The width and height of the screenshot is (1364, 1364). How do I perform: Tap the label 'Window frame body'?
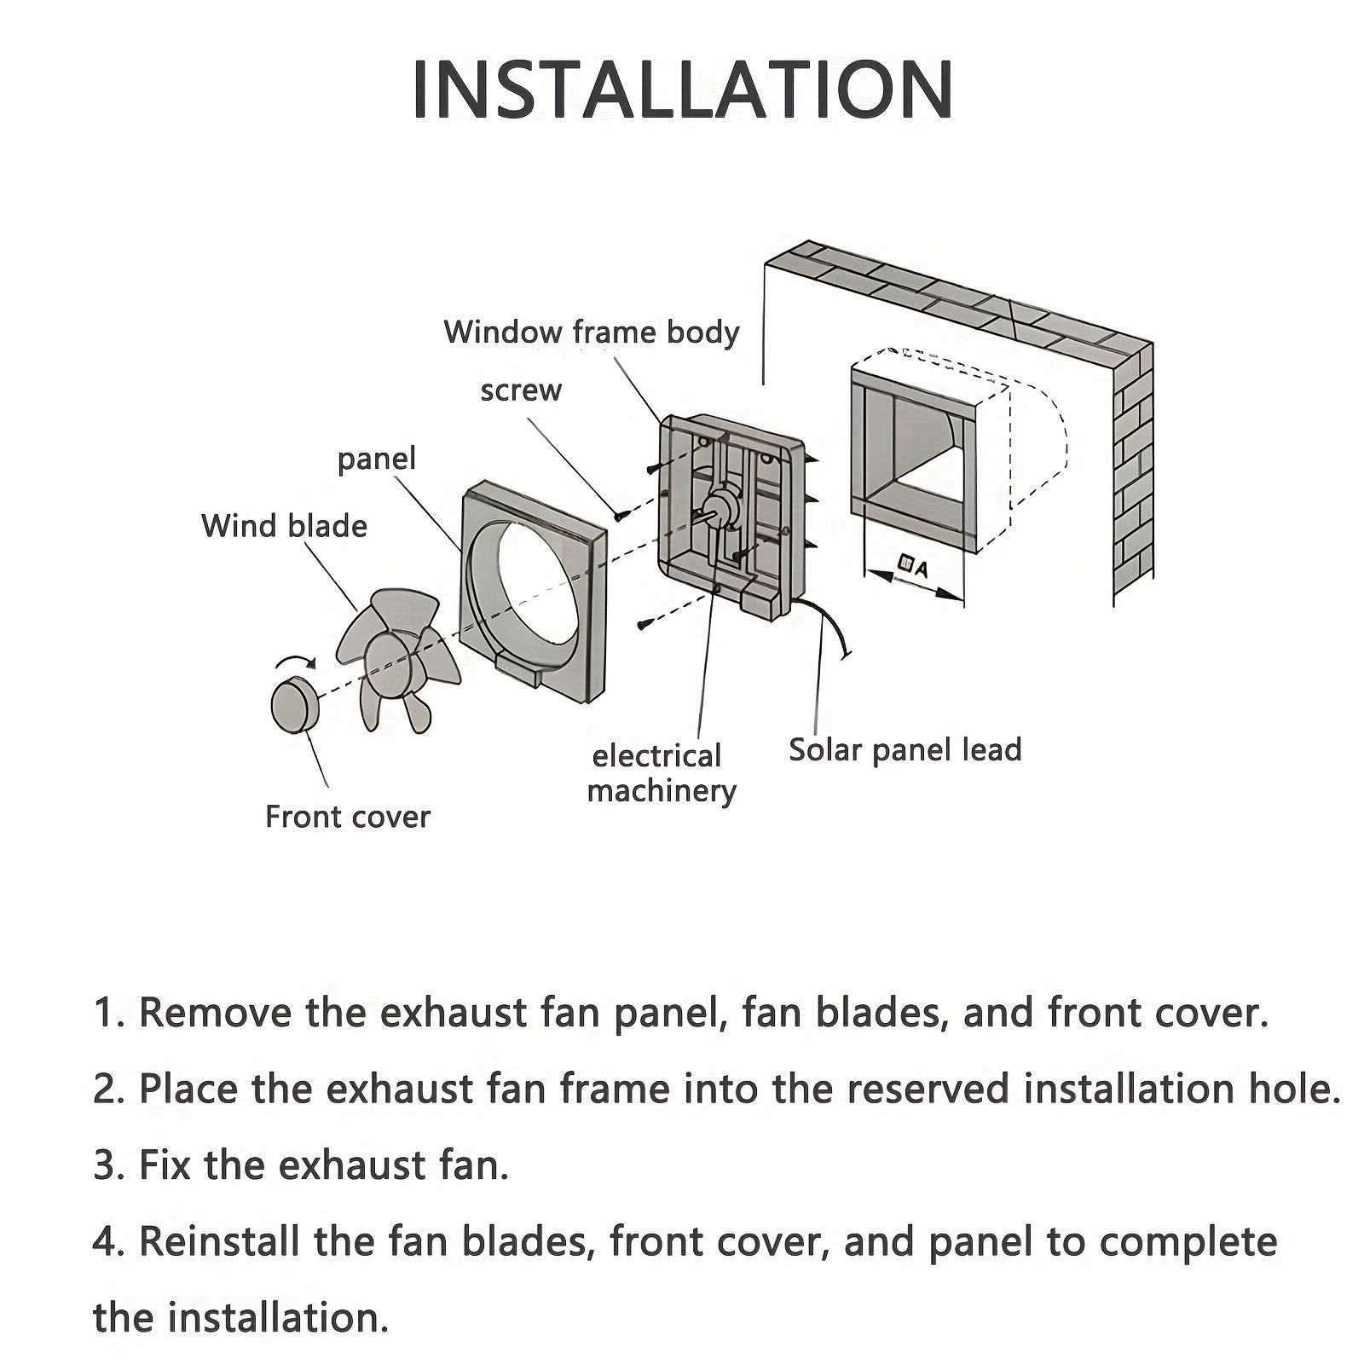pyautogui.click(x=591, y=332)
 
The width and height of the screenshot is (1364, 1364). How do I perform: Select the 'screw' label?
pyautogui.click(x=521, y=390)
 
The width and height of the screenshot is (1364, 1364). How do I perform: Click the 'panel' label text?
pyautogui.click(x=376, y=459)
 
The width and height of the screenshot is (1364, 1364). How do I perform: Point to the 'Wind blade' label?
pyautogui.click(x=284, y=526)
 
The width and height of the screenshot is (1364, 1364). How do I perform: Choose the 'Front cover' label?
pyautogui.click(x=347, y=817)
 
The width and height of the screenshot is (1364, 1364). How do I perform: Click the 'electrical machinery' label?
pyautogui.click(x=661, y=773)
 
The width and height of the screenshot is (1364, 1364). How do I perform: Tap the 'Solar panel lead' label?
pyautogui.click(x=905, y=750)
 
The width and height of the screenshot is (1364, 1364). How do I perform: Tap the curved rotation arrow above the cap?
pyautogui.click(x=294, y=663)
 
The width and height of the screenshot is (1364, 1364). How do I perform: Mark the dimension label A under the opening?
pyautogui.click(x=914, y=565)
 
